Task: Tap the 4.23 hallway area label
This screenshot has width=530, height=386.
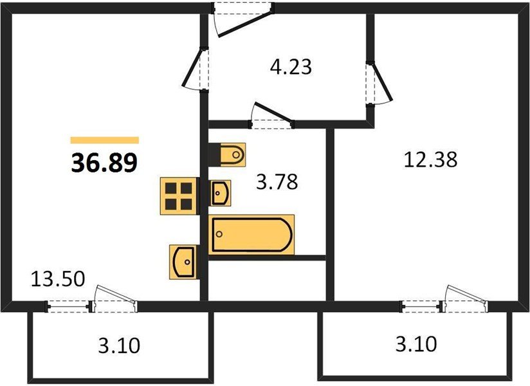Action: click(x=291, y=66)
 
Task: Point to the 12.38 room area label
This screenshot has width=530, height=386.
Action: click(x=430, y=159)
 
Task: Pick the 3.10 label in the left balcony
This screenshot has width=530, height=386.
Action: click(x=119, y=347)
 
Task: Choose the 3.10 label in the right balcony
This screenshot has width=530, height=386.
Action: click(x=416, y=344)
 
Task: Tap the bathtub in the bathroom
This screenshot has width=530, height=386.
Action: click(x=252, y=235)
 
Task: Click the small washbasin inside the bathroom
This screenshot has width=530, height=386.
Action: click(x=220, y=192)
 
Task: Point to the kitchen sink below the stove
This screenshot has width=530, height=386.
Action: click(x=183, y=261)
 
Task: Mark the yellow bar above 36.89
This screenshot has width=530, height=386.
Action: click(x=104, y=140)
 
